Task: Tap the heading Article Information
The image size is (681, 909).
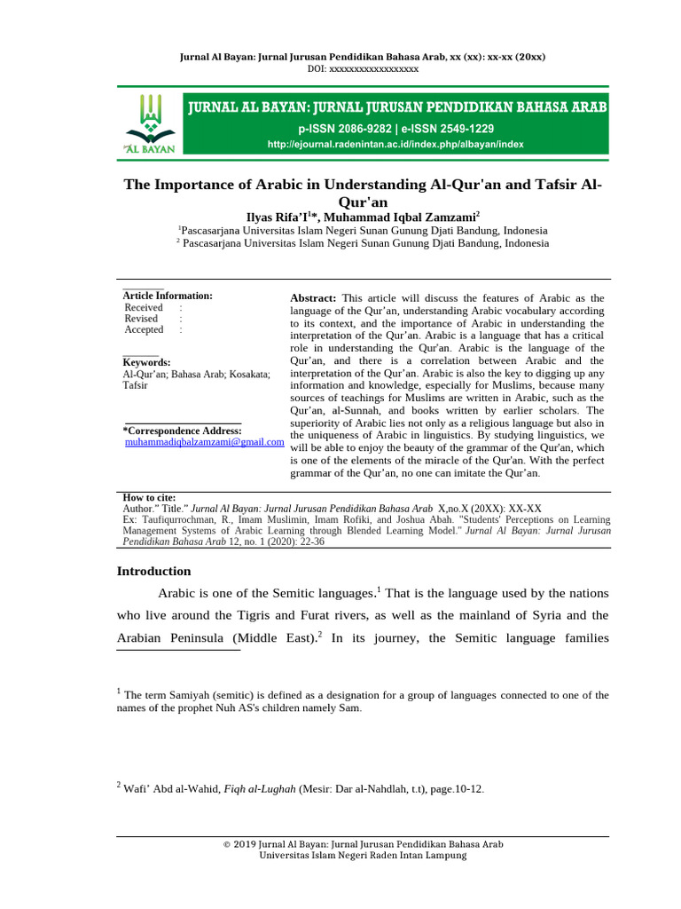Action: tap(168, 296)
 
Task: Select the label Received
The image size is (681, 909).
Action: tap(144, 307)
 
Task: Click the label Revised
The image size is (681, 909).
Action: tap(142, 319)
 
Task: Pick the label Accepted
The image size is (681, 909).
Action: tap(145, 330)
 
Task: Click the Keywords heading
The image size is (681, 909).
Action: tap(146, 363)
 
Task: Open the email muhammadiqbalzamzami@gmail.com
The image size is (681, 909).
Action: tap(204, 441)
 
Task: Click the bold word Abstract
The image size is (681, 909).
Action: tap(314, 298)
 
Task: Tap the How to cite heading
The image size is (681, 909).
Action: tap(149, 497)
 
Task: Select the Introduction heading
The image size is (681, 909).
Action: tap(154, 572)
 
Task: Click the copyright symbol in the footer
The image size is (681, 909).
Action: tap(227, 844)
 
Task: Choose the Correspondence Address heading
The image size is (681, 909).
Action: tap(181, 431)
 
